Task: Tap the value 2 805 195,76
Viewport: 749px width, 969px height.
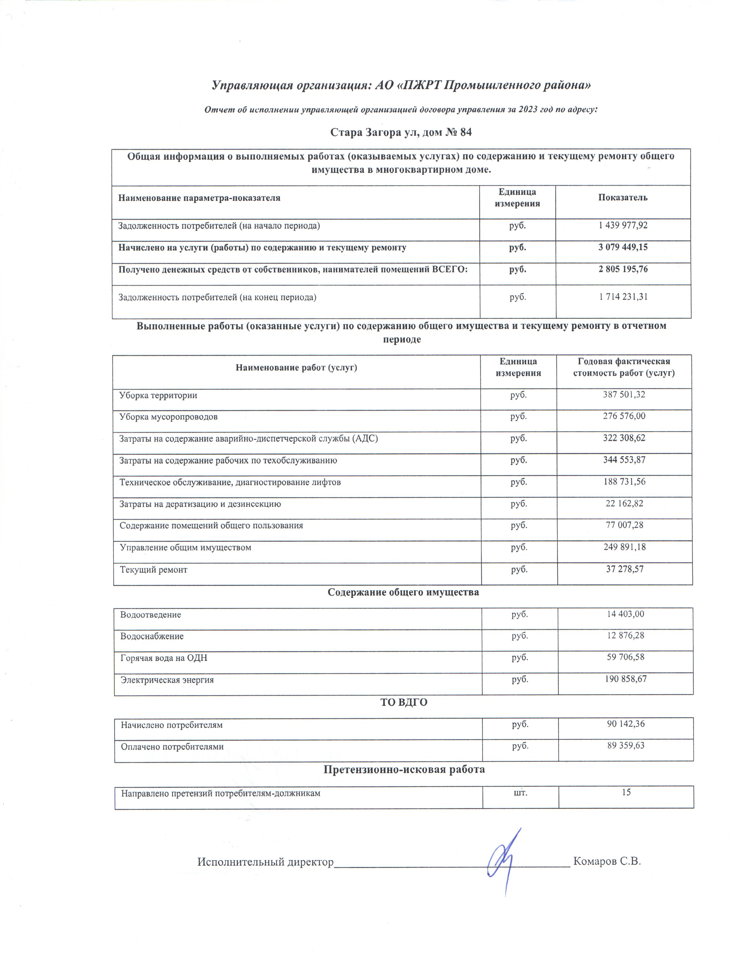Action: click(x=623, y=269)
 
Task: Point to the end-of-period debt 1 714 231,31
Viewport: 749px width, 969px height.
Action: click(x=623, y=297)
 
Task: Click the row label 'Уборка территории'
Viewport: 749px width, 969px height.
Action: click(x=158, y=395)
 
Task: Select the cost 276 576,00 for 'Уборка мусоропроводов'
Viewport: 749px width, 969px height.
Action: click(x=623, y=416)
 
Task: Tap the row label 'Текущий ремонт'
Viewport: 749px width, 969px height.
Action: click(x=154, y=569)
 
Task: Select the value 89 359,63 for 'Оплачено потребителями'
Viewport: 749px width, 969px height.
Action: click(x=626, y=745)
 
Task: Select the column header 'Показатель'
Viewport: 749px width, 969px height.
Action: click(x=622, y=198)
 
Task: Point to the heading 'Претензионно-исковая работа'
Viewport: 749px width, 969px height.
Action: click(x=404, y=769)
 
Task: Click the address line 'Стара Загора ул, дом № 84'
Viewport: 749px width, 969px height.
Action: click(x=401, y=132)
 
